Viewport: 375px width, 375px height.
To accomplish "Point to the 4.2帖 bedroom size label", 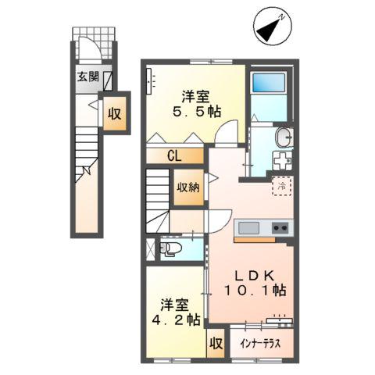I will [x=178, y=312].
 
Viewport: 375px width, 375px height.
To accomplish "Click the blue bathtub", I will [x=269, y=84].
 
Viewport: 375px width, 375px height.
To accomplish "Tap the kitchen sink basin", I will [x=249, y=227].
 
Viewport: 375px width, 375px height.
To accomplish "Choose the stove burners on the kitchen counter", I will [x=280, y=228].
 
